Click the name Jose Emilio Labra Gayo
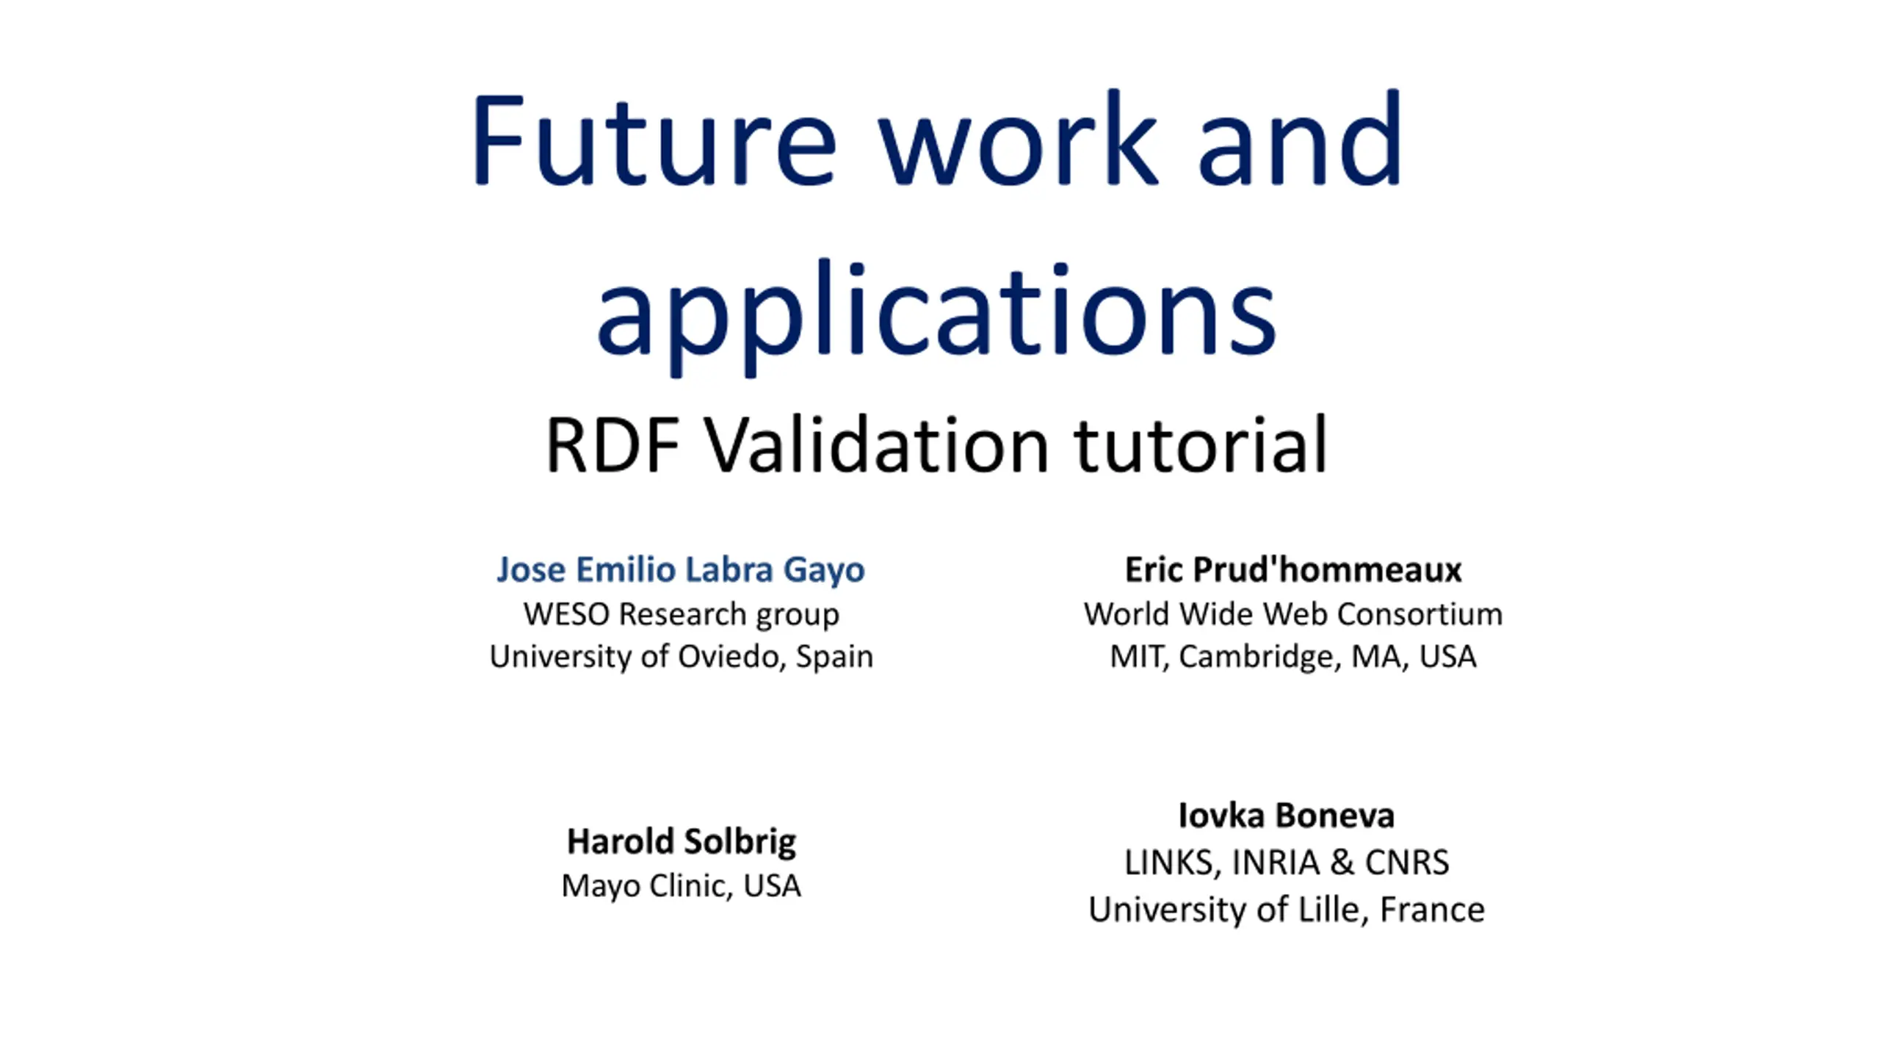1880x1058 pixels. point(681,570)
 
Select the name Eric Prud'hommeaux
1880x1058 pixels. point(1293,569)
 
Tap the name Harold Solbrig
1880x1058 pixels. point(681,842)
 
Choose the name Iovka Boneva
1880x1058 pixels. point(1287,816)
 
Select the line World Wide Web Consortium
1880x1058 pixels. point(1293,614)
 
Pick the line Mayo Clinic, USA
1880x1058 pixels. point(681,886)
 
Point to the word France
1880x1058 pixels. point(1433,910)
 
